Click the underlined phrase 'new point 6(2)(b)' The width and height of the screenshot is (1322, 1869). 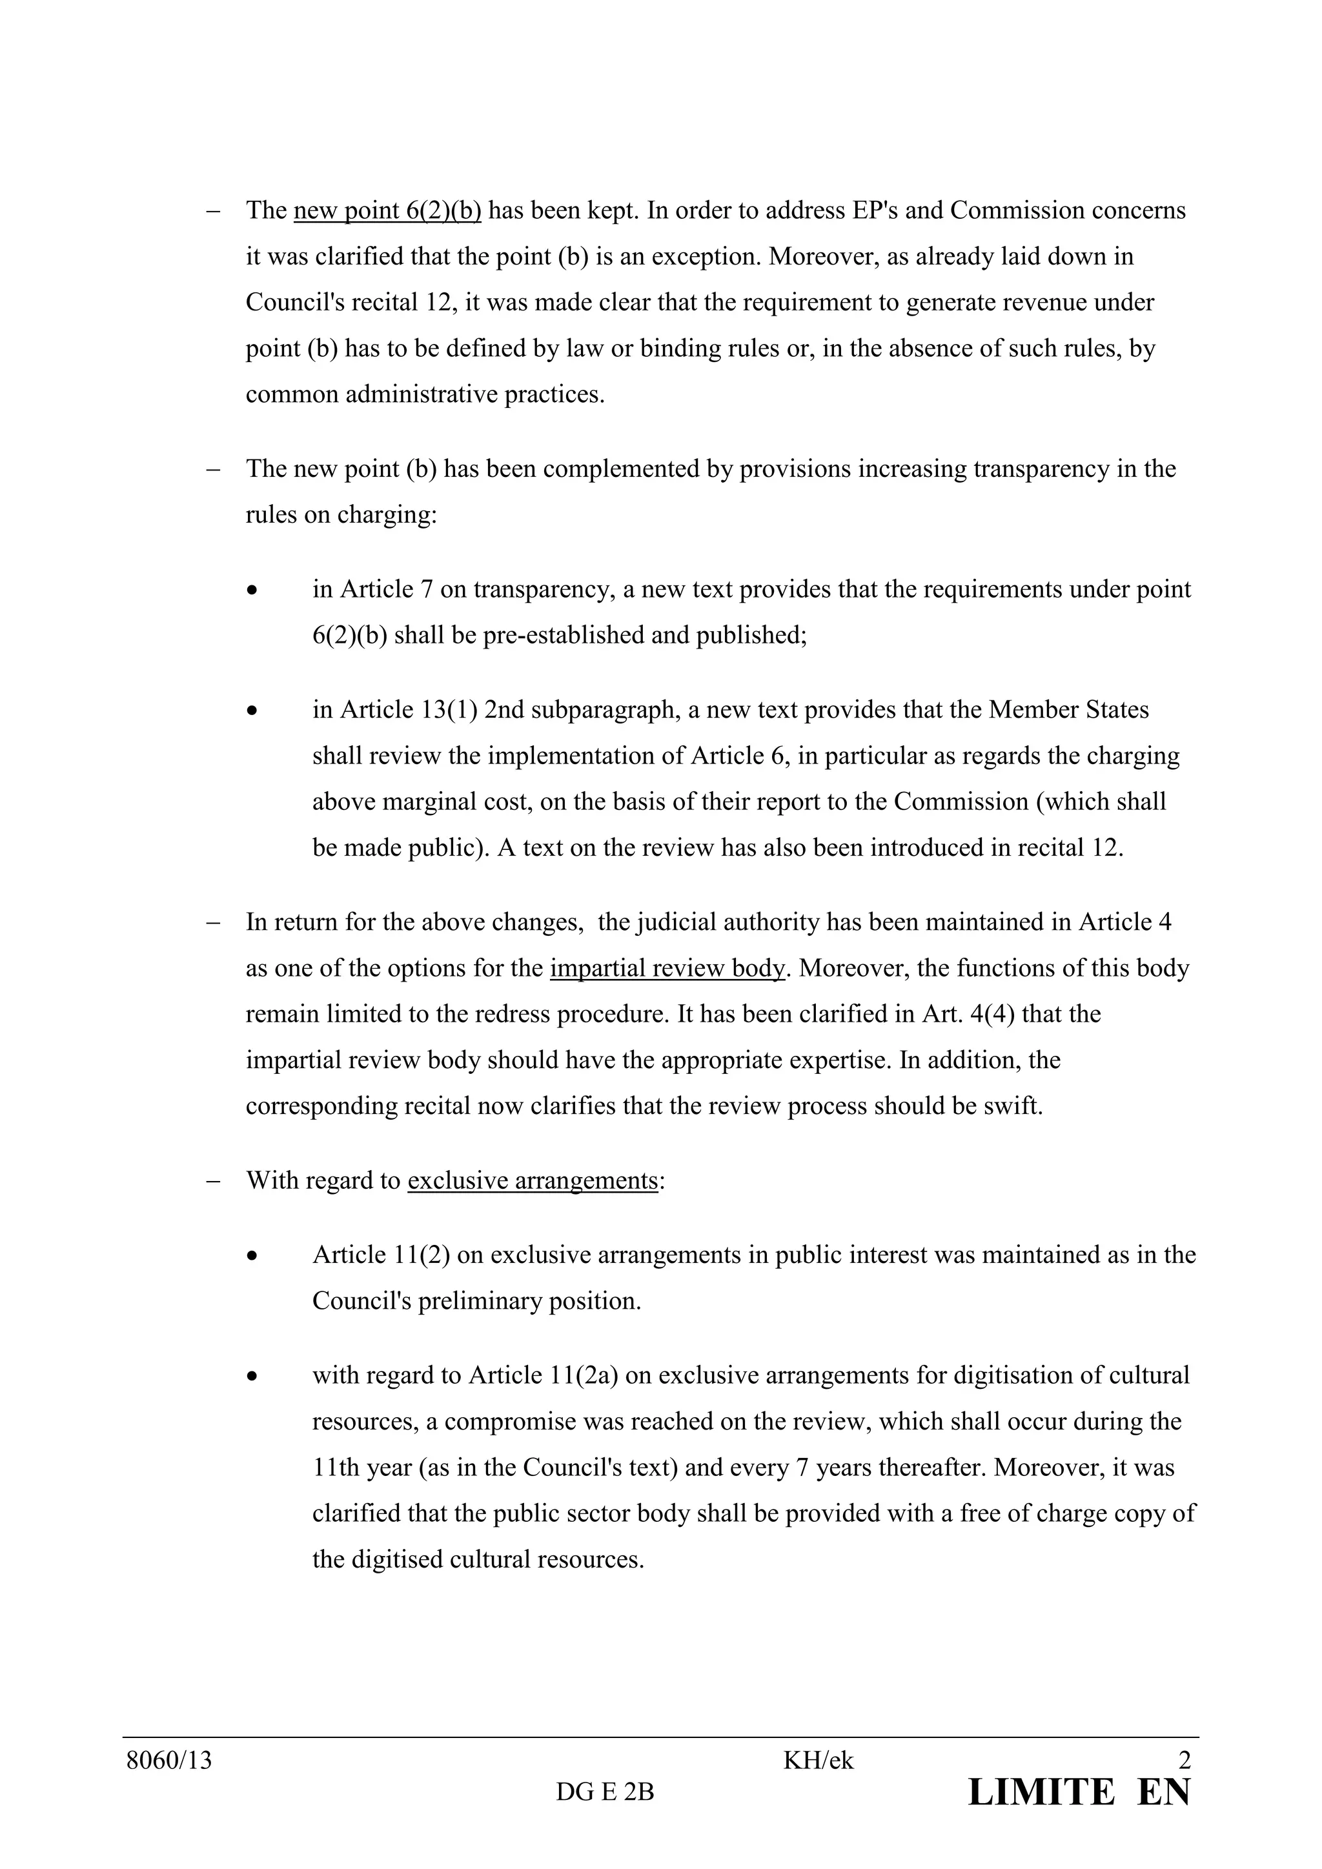coord(387,211)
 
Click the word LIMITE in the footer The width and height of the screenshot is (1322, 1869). coord(1041,1793)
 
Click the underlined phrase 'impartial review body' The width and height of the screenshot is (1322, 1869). coord(667,969)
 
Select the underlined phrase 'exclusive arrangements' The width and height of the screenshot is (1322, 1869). coord(533,1180)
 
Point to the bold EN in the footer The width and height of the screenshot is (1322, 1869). coord(1164,1793)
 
